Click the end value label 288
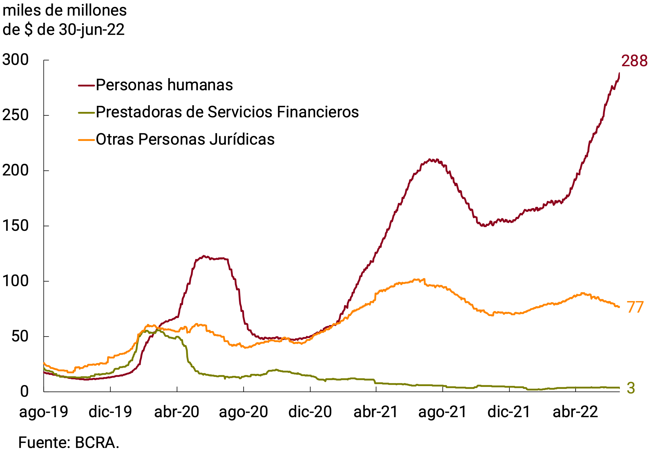634,61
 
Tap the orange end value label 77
635,307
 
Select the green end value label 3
631,388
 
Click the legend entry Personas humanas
164,85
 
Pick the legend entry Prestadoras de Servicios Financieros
227,112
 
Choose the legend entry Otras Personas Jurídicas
185,139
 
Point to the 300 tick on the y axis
16,60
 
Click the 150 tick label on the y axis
16,226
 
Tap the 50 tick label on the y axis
20,336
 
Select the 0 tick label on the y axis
24,391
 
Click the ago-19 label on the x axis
44,412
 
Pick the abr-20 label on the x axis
177,412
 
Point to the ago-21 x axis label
443,412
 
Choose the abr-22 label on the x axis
575,412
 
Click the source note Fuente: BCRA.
68,443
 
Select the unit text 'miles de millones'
65,11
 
